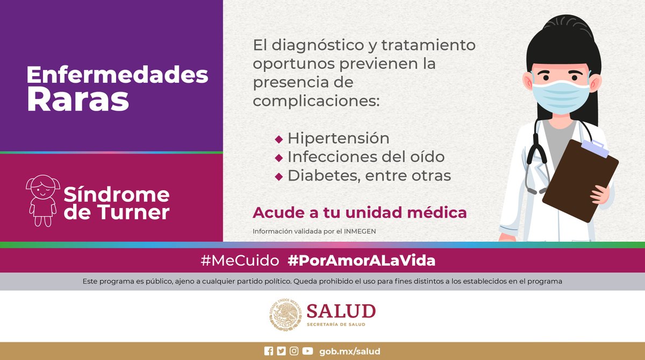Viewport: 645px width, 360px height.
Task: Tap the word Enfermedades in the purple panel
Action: coord(117,75)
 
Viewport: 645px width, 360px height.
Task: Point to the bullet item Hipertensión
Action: coord(338,138)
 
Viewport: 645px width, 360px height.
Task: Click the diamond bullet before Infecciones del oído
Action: coord(278,157)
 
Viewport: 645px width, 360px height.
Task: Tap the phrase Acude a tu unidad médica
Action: coord(360,212)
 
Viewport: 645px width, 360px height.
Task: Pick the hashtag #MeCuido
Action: coord(240,261)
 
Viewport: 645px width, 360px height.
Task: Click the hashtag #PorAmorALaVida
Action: coord(361,261)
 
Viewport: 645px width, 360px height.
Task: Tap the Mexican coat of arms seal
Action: coord(285,315)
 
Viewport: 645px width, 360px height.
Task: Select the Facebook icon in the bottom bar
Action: coord(269,351)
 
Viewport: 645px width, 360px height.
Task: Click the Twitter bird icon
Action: coord(281,351)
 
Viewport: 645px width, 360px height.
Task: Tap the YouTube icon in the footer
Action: coord(307,351)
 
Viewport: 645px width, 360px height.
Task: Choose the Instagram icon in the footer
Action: coord(294,351)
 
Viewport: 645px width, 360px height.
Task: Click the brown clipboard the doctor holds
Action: coord(580,179)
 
